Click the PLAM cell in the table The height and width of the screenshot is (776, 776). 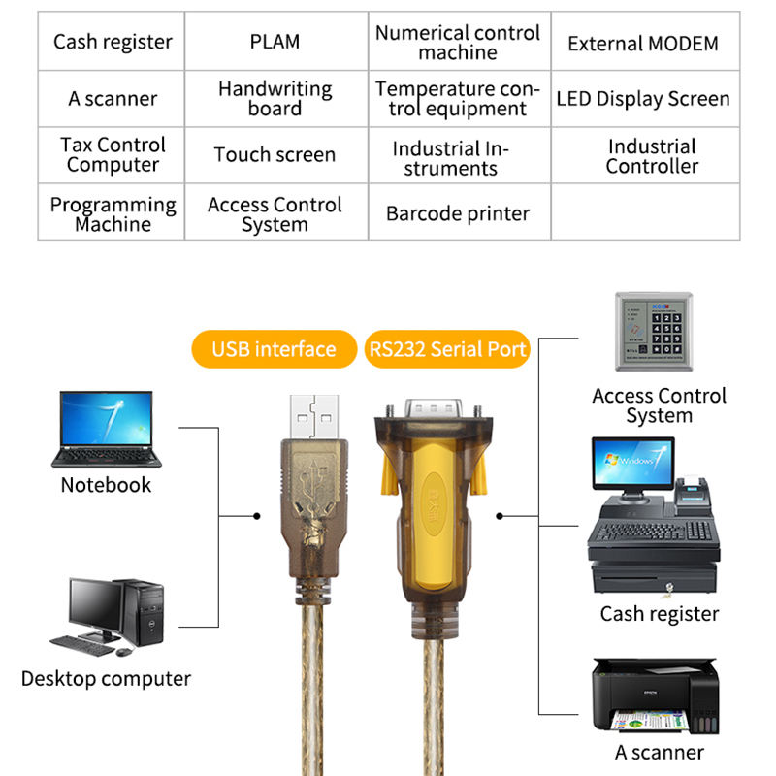click(276, 41)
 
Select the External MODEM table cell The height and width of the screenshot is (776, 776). click(645, 41)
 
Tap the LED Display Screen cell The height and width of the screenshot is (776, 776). click(645, 99)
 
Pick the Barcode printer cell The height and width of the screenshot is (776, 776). click(459, 211)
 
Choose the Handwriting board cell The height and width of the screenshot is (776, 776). click(276, 99)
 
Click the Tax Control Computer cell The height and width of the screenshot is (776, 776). click(112, 155)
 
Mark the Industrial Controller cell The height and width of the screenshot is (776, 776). click(645, 155)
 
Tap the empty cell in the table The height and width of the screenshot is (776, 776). click(645, 211)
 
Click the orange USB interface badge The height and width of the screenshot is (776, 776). click(275, 349)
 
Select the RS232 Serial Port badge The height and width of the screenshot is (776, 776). click(447, 349)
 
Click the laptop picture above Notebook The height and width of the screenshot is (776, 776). click(107, 429)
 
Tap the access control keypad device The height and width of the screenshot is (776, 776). click(654, 332)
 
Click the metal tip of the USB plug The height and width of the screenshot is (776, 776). click(314, 417)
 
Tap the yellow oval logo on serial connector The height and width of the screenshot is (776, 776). click(434, 503)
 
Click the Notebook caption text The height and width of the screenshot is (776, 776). click(106, 485)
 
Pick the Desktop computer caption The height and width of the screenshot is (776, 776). click(106, 678)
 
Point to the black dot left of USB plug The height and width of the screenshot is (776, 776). click(256, 516)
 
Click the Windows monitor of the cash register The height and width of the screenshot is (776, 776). click(633, 464)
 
